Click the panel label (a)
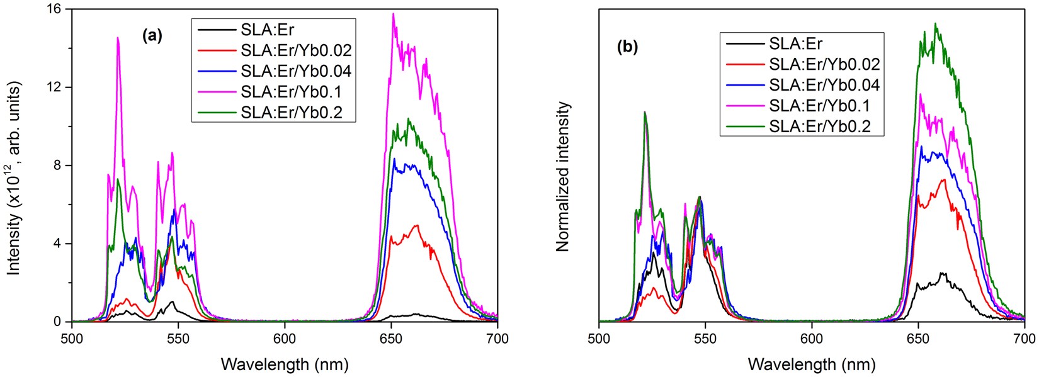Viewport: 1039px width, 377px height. (x=152, y=36)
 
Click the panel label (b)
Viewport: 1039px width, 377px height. (x=627, y=48)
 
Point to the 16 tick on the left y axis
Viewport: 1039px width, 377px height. (x=55, y=9)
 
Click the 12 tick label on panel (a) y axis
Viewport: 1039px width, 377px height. (x=55, y=87)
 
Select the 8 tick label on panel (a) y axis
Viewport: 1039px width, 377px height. (x=58, y=166)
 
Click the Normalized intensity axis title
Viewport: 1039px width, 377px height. (x=562, y=177)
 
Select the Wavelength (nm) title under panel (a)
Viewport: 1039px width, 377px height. (x=285, y=364)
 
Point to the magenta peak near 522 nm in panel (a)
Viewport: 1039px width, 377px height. (x=118, y=38)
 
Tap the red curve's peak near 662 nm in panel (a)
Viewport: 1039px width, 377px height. (x=416, y=225)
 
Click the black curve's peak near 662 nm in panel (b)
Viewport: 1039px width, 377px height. (x=942, y=273)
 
